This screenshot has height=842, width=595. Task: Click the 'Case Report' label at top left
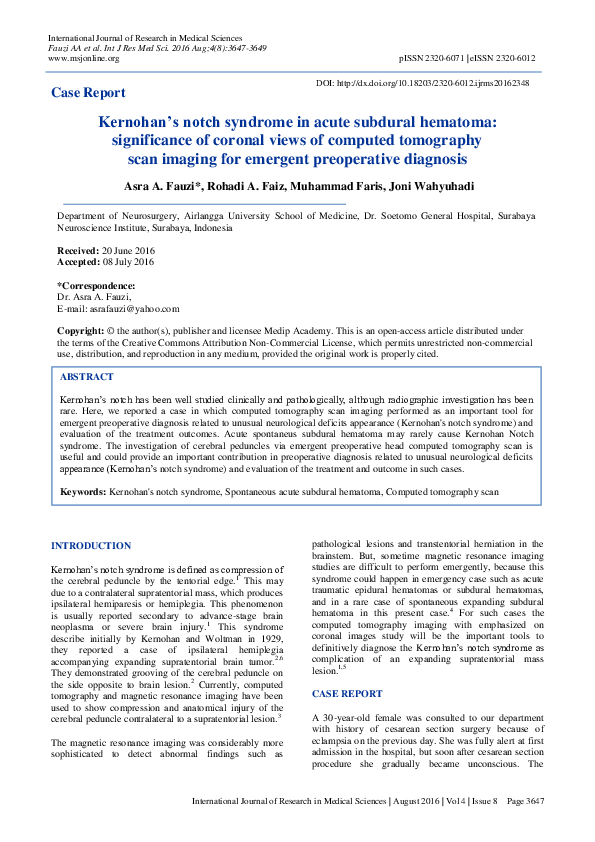[x=88, y=93]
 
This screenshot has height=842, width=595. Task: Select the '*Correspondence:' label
[x=96, y=286]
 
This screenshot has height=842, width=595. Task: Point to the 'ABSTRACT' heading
[x=87, y=377]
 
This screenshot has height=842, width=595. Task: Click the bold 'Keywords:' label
[x=83, y=492]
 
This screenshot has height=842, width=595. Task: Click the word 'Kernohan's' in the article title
[x=153, y=122]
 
